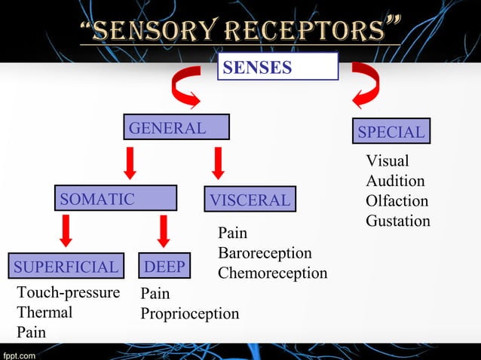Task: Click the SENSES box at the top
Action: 277,67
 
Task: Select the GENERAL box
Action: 176,128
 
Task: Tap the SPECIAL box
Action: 391,132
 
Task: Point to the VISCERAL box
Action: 249,200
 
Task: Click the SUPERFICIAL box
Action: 66,267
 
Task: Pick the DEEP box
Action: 165,267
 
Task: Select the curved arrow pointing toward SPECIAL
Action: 367,82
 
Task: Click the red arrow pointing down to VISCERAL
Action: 219,163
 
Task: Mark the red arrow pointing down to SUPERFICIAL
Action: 66,230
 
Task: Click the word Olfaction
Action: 397,201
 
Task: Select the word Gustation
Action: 398,221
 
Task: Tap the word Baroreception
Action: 265,253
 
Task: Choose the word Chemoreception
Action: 272,273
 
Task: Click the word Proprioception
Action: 189,313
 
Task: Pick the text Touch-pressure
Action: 68,293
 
